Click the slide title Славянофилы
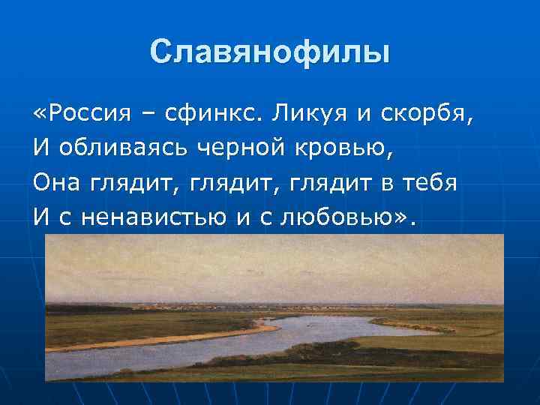270,52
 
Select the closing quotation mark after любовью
404,217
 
